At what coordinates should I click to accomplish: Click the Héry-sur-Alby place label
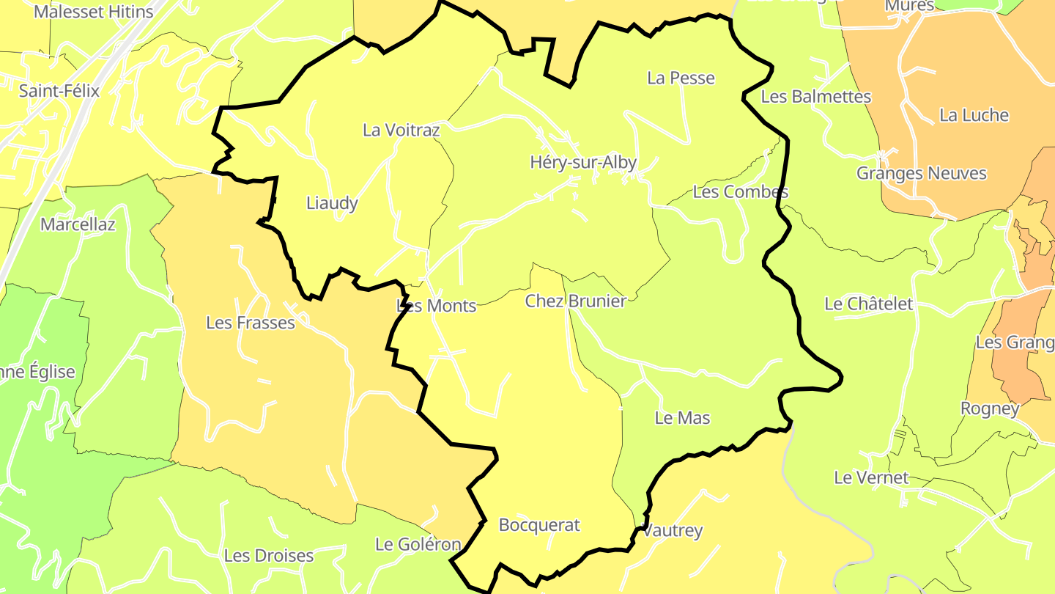click(x=583, y=163)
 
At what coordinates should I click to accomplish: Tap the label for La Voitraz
click(x=401, y=131)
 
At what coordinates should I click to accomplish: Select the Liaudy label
click(x=332, y=203)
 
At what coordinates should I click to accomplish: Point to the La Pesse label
click(x=681, y=78)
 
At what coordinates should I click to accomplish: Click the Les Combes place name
click(x=740, y=192)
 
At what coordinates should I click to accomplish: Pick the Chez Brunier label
click(x=576, y=301)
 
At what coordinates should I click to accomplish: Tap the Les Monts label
click(x=437, y=306)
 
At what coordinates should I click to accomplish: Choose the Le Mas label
click(x=682, y=418)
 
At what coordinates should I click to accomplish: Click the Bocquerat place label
click(x=538, y=525)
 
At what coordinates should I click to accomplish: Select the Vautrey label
click(x=673, y=531)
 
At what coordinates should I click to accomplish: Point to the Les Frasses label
click(x=251, y=323)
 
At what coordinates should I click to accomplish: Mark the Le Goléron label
click(x=418, y=544)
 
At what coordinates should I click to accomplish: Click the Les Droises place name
click(x=269, y=556)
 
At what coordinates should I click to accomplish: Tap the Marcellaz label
click(x=78, y=224)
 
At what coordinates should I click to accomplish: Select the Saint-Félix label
click(x=59, y=91)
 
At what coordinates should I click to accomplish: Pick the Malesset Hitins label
click(x=94, y=12)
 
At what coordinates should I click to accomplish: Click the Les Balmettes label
click(x=816, y=97)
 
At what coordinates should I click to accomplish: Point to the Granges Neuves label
click(x=922, y=174)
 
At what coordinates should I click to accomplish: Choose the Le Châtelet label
click(x=869, y=304)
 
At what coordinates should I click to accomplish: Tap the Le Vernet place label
click(x=871, y=478)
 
